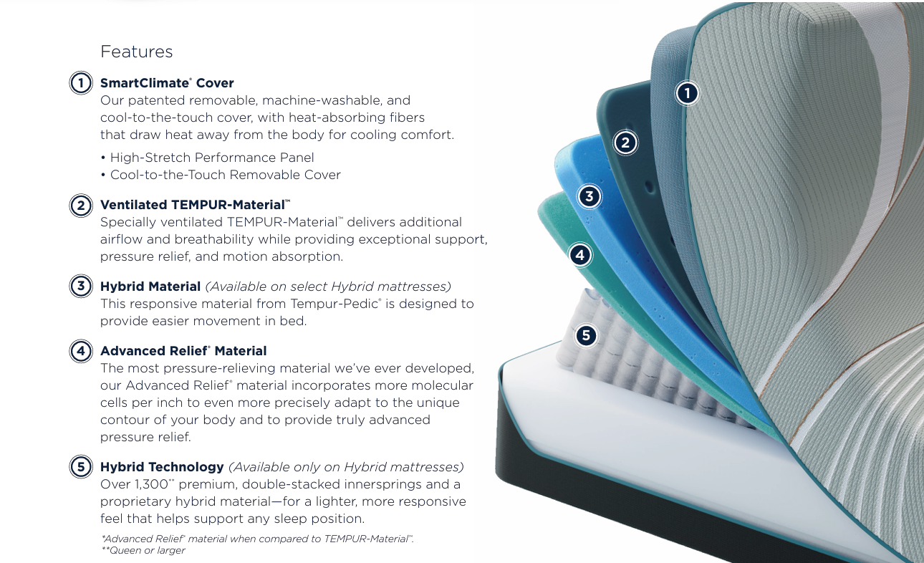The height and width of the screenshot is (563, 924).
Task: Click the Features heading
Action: pyautogui.click(x=137, y=52)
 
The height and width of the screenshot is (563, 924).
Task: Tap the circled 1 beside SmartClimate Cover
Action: pyautogui.click(x=81, y=83)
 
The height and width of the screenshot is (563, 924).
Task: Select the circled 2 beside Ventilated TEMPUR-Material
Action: pyautogui.click(x=81, y=206)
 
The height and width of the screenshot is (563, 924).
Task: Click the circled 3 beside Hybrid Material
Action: pyautogui.click(x=81, y=286)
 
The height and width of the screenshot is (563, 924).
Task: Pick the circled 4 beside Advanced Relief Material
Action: pyautogui.click(x=81, y=351)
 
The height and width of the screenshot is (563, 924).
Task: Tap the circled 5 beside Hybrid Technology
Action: pyautogui.click(x=81, y=466)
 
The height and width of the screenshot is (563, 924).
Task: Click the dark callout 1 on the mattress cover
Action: pyautogui.click(x=687, y=93)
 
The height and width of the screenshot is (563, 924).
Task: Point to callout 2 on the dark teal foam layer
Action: pyautogui.click(x=625, y=143)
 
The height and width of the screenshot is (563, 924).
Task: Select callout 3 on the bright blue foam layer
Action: pyautogui.click(x=589, y=196)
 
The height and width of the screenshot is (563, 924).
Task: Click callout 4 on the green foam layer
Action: pyautogui.click(x=580, y=255)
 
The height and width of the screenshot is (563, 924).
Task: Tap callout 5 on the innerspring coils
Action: pyautogui.click(x=586, y=335)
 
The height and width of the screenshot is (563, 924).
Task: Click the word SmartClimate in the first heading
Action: pyautogui.click(x=145, y=83)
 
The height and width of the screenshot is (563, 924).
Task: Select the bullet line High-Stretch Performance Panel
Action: pyautogui.click(x=207, y=158)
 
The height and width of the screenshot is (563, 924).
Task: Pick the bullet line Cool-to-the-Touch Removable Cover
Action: pyautogui.click(x=221, y=175)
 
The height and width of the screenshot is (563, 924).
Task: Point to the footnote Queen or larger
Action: pyautogui.click(x=143, y=550)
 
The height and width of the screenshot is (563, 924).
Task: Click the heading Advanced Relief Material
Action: pyautogui.click(x=183, y=351)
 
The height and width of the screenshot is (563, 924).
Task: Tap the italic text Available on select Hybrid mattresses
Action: pyautogui.click(x=328, y=287)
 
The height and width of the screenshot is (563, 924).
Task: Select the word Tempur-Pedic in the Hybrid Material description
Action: pyautogui.click(x=335, y=304)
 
